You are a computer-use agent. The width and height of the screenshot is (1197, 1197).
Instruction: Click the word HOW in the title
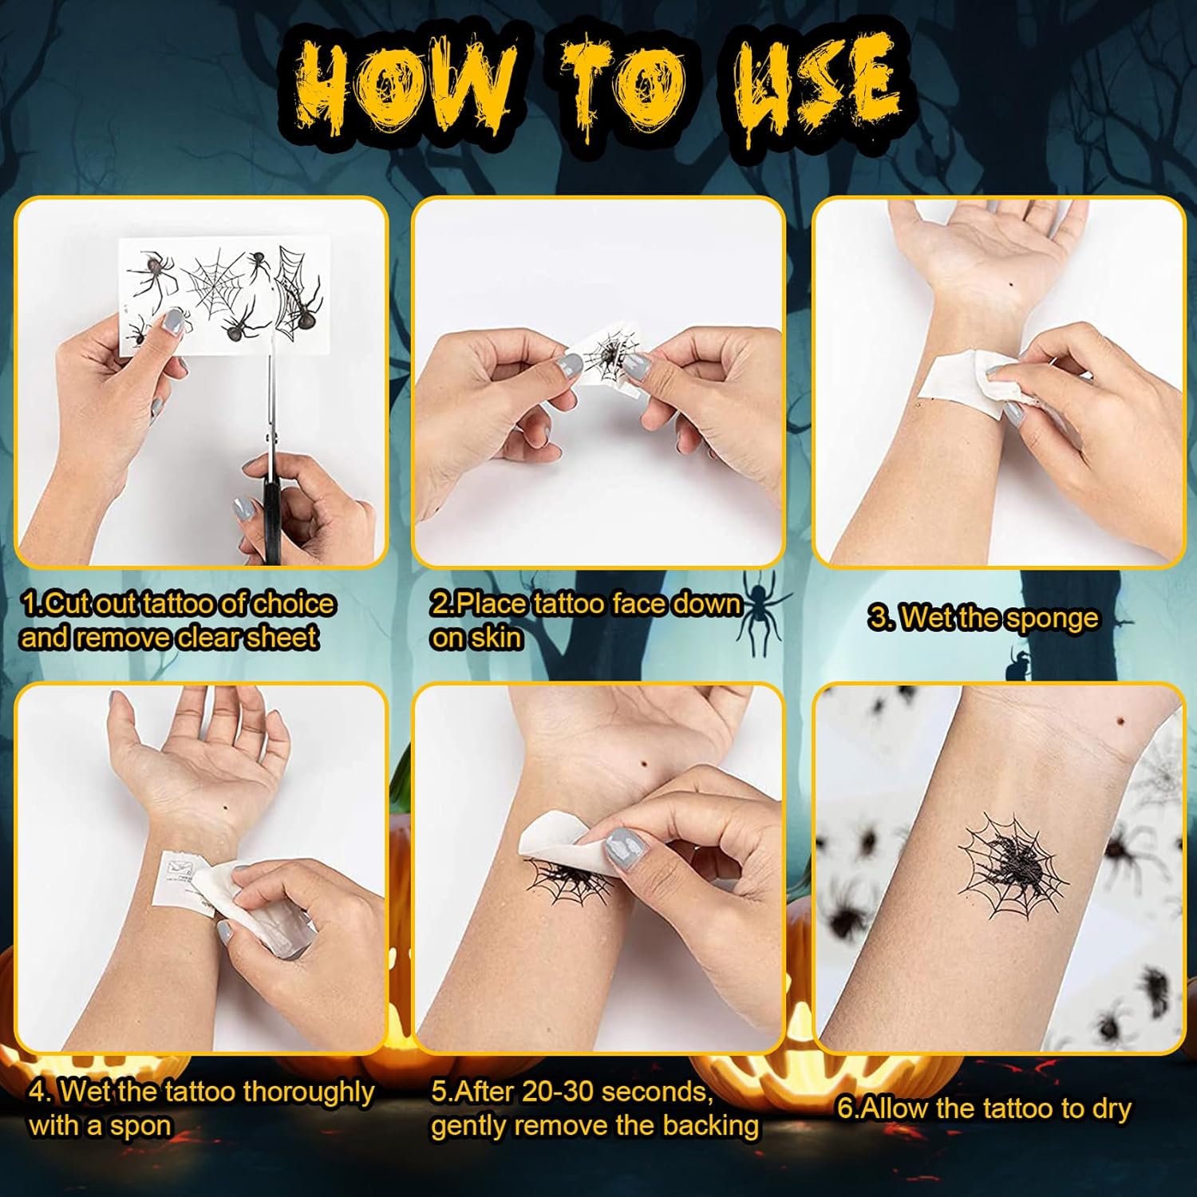403,89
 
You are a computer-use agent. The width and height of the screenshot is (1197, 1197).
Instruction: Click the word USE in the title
818,88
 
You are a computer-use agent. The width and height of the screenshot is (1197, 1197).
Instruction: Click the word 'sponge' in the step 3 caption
1051,619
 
